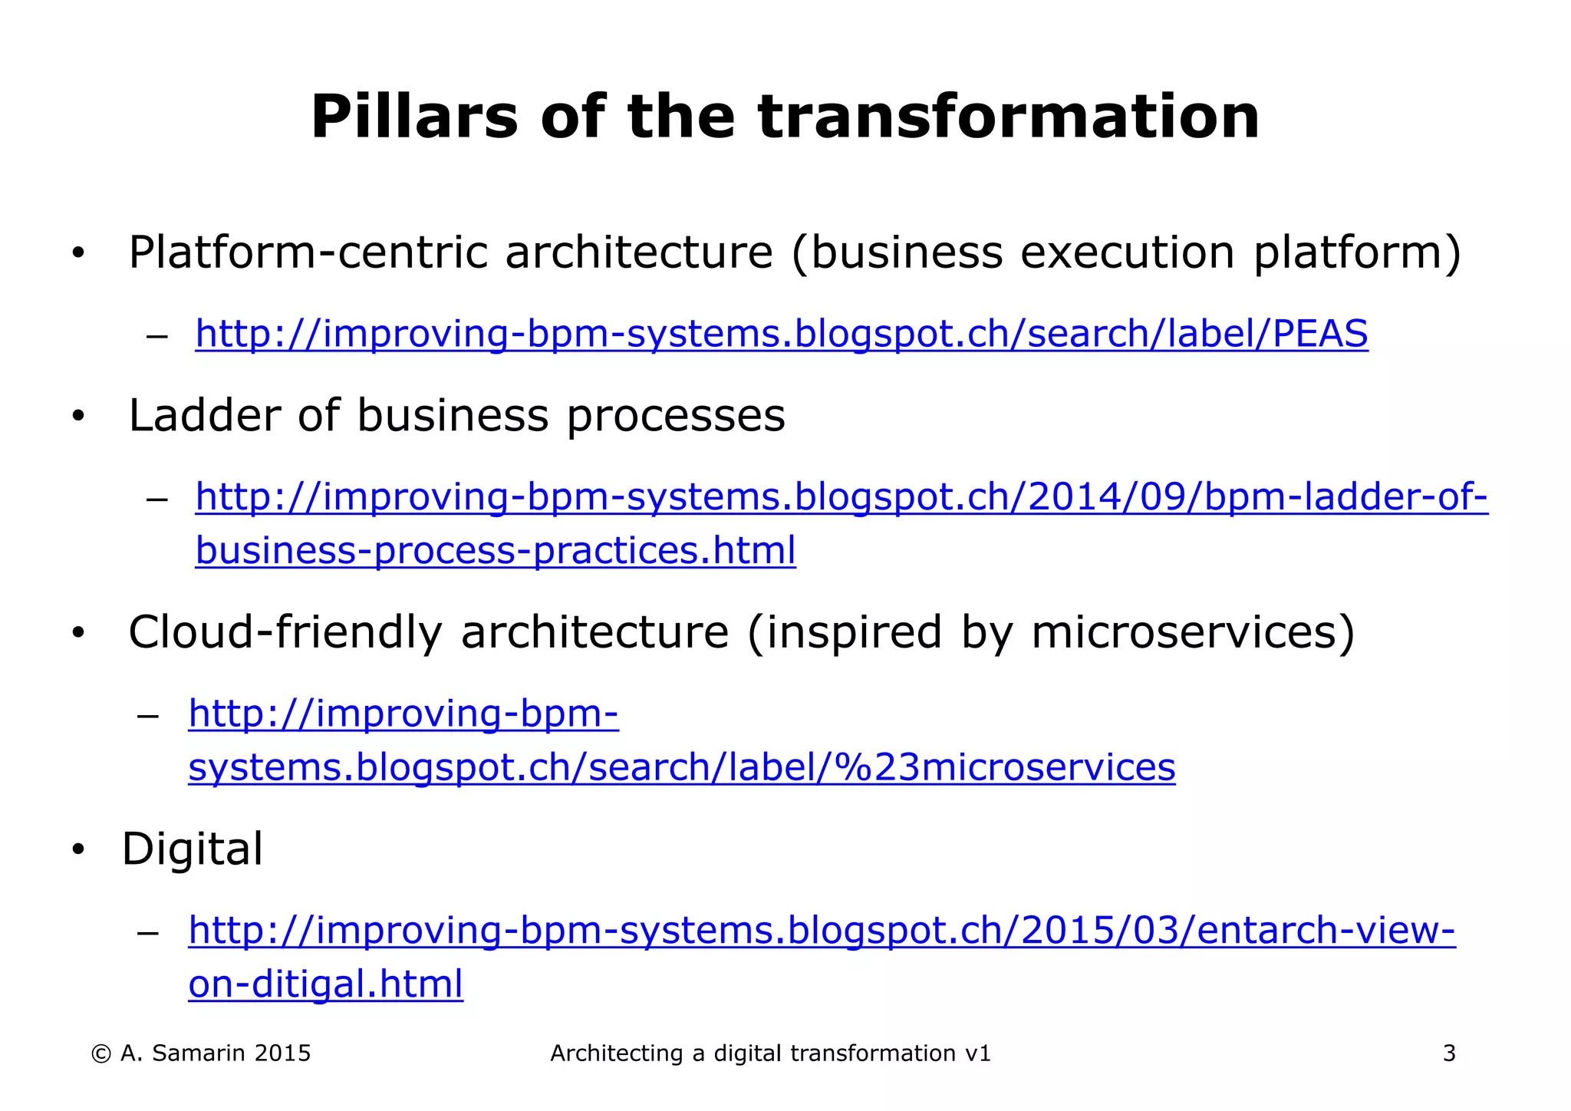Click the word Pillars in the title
coord(414,117)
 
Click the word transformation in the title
coord(1009,117)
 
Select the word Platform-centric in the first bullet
coord(308,252)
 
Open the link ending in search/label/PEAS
coord(781,335)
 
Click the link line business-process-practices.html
coord(496,551)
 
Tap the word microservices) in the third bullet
coord(1193,632)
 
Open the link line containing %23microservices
coord(681,767)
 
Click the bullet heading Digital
coord(193,849)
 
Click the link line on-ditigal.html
coord(325,984)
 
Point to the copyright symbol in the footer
coord(100,1054)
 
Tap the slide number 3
coord(1448,1053)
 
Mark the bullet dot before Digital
coord(77,850)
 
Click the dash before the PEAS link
coord(156,337)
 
